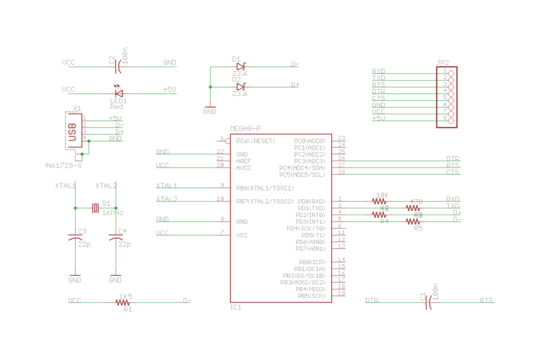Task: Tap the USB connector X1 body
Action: coord(74,131)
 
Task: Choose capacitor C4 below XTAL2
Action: coord(116,237)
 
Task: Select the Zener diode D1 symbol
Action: coord(240,65)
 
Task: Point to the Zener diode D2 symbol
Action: coord(240,86)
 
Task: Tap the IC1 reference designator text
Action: coord(236,307)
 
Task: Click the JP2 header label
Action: coord(443,63)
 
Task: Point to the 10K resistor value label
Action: coord(382,195)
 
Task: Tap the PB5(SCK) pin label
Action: coord(311,296)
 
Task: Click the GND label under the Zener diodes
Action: coord(210,111)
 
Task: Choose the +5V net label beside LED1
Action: coord(170,90)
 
